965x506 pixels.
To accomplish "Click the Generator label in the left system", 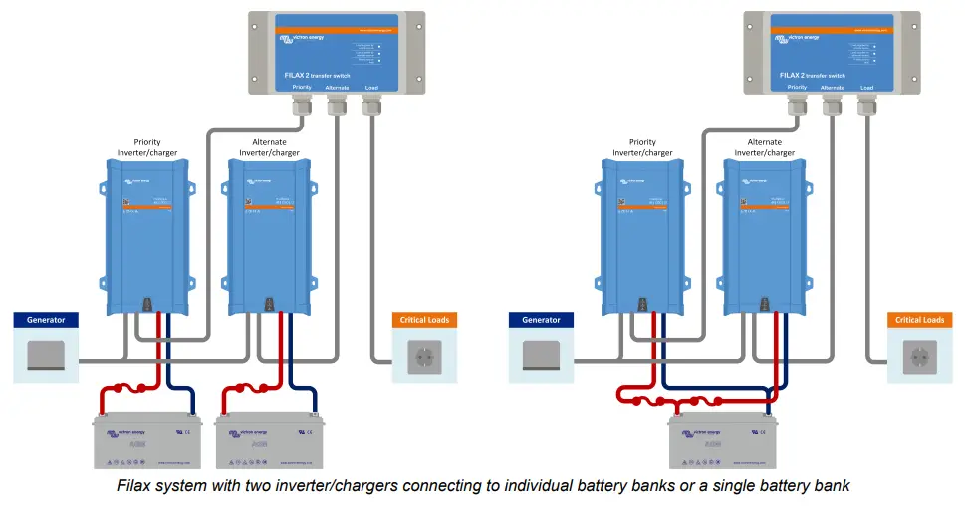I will tap(46, 320).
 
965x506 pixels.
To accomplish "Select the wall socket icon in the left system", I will tap(425, 356).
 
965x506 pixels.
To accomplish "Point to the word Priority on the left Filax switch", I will tap(302, 88).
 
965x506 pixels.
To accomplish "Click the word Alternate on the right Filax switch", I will tap(833, 88).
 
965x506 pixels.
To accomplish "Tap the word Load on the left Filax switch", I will tap(371, 88).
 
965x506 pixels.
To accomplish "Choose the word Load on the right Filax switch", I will tap(867, 88).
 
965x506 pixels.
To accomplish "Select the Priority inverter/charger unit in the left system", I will tap(146, 235).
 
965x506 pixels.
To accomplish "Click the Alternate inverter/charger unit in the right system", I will tap(762, 235).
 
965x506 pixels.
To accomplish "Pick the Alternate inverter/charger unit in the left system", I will tap(267, 235).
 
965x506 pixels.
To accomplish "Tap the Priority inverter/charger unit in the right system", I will tap(642, 235).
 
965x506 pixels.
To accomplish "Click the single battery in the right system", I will tap(723, 439).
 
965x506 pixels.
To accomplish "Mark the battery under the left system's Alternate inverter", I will tap(269, 439).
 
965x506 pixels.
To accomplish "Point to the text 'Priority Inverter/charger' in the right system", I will tap(642, 147).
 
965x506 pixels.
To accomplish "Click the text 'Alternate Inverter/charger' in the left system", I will tap(269, 147).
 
